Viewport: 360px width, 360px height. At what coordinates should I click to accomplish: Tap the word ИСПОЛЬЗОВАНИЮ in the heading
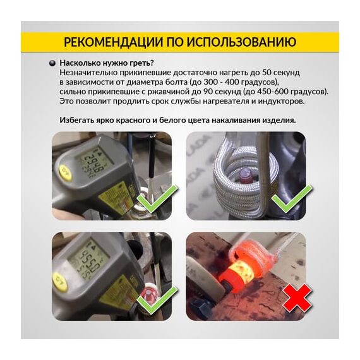[x=241, y=42]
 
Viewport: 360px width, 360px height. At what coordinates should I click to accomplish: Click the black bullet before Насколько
[x=52, y=63]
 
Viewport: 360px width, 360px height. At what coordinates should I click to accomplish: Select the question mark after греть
[x=152, y=63]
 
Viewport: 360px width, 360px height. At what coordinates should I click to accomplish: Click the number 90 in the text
[x=208, y=92]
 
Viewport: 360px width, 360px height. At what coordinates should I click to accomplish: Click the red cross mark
[x=297, y=297]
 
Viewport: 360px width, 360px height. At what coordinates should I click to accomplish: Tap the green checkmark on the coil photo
[x=292, y=199]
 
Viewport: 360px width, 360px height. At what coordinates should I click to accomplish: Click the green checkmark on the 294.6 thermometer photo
[x=157, y=199]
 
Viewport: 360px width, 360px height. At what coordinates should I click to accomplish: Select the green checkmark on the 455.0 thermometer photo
[x=157, y=300]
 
